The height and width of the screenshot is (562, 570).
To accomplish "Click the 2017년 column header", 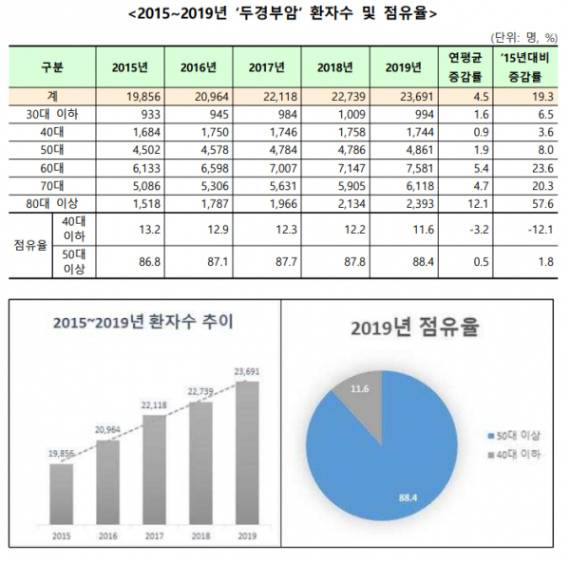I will coord(268,68).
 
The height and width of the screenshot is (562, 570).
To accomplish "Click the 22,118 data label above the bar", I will coord(154,405).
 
